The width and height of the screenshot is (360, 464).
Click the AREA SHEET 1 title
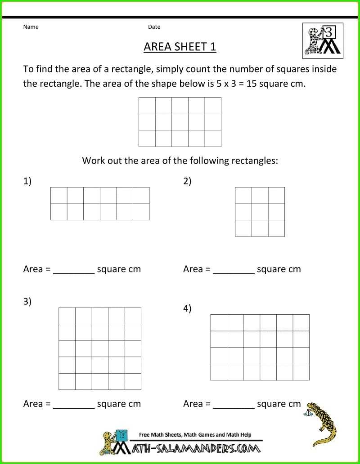(x=180, y=47)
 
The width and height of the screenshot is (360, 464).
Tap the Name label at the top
(x=31, y=27)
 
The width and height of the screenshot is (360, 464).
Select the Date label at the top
(x=154, y=27)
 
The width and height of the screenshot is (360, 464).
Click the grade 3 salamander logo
(x=323, y=40)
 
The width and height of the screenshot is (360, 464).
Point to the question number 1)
(x=27, y=182)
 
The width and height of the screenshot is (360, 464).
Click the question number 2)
(x=187, y=182)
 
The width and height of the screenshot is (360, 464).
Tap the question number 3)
(x=27, y=302)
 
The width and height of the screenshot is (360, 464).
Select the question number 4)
(x=187, y=308)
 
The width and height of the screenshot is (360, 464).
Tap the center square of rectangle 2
(x=260, y=212)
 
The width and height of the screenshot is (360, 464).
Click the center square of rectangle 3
(x=100, y=348)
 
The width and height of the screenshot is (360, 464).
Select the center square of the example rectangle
(x=180, y=122)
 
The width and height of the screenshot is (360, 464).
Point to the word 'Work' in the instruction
(x=93, y=161)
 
